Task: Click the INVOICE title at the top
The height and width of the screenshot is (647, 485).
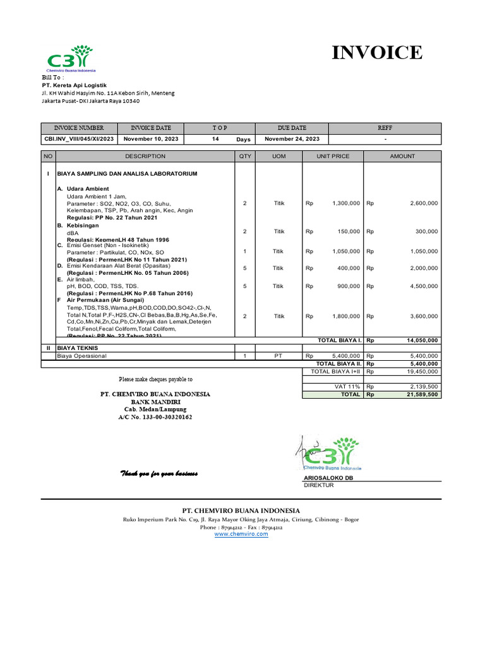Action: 378,52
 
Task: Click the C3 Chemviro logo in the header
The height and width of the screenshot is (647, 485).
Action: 70,58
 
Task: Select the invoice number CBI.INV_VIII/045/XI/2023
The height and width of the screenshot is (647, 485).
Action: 79,139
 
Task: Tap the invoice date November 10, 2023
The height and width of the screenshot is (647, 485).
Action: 151,139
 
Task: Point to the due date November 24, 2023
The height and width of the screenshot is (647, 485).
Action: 292,139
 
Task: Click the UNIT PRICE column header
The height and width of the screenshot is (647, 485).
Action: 333,156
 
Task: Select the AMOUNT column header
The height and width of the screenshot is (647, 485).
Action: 402,156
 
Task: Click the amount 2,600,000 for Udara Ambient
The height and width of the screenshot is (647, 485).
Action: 423,203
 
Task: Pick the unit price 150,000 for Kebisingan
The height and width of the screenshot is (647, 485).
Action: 348,231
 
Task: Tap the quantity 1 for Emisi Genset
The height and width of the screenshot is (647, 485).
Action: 244,251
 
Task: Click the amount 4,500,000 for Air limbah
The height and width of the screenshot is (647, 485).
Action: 423,286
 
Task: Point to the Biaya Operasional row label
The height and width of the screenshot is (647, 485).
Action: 82,356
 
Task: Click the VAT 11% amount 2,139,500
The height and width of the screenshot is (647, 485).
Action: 423,386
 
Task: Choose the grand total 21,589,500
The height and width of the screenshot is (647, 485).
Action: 422,394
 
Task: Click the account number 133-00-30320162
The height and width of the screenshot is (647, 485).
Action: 155,418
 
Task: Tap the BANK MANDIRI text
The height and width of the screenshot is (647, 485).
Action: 156,402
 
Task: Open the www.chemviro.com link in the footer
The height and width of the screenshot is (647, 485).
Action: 241,534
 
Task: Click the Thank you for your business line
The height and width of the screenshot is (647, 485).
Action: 159,474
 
